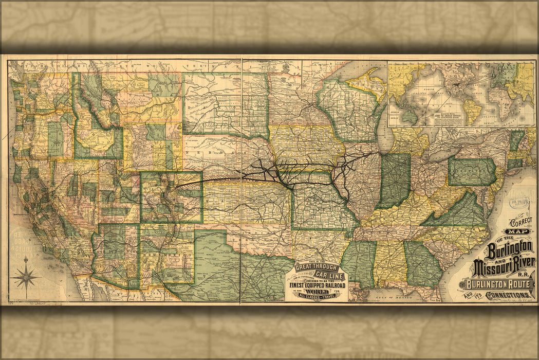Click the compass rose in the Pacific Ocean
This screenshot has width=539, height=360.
pyautogui.click(x=26, y=278)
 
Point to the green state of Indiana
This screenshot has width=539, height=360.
pyautogui.click(x=395, y=180)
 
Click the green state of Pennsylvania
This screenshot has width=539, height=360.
pyautogui.click(x=472, y=172)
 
